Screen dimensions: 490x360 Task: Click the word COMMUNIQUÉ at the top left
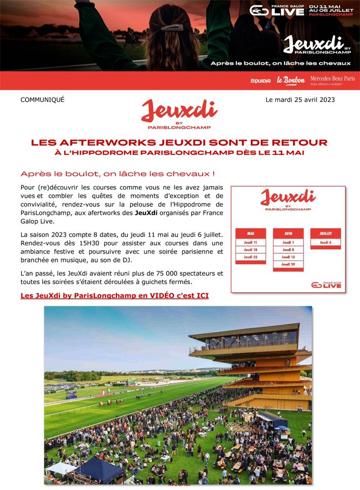tap(42, 100)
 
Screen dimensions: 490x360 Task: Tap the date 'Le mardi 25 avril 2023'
tap(300, 100)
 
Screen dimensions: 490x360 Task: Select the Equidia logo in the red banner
tap(260, 81)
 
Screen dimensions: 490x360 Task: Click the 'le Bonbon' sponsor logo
tap(291, 81)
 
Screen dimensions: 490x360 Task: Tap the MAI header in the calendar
tap(250, 234)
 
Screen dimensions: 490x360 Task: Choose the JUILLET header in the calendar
tap(325, 234)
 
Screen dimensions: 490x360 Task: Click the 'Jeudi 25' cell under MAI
tap(250, 257)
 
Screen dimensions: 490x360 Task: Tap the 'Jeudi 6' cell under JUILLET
tap(325, 243)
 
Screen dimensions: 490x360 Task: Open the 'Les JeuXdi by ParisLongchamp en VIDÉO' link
tap(115, 296)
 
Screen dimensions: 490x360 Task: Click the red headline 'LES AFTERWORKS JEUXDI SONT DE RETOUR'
tap(179, 142)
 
